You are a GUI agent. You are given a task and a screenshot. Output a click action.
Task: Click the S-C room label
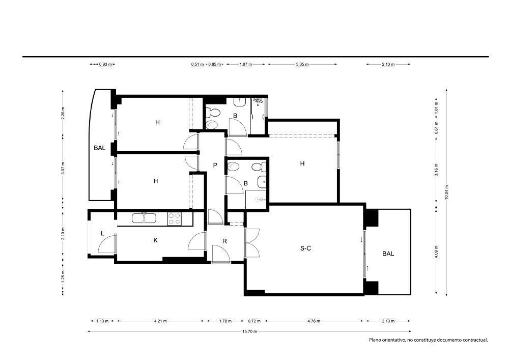point(305,248)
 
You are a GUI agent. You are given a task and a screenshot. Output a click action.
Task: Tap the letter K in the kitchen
point(155,240)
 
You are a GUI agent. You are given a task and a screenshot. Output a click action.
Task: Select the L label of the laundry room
point(103,233)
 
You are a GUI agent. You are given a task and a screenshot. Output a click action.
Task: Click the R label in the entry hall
point(224,241)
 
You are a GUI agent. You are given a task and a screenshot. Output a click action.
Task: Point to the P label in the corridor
point(215,165)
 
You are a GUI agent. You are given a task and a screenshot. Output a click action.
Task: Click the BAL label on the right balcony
point(388,254)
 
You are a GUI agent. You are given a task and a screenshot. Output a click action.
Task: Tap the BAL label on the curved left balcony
point(100,148)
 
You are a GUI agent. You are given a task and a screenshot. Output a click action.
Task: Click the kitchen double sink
point(144,217)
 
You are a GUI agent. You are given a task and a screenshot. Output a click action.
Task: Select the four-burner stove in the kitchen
point(174,218)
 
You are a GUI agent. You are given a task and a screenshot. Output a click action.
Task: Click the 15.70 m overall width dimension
point(249,331)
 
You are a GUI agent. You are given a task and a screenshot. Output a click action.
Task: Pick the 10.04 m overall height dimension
point(447,192)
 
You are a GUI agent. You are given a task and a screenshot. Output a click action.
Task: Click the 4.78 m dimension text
point(314,321)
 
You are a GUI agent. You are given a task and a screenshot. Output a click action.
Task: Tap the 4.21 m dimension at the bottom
point(160,321)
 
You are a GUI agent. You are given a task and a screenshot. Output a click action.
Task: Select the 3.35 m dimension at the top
point(302,64)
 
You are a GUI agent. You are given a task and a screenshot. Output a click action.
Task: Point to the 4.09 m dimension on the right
point(437,252)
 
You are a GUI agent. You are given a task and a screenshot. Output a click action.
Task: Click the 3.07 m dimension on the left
point(63,168)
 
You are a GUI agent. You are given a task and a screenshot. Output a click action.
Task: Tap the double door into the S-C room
point(252,243)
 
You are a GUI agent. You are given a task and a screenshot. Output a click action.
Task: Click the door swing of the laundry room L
point(106,243)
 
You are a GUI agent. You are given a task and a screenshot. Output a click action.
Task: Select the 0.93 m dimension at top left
point(105,64)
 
